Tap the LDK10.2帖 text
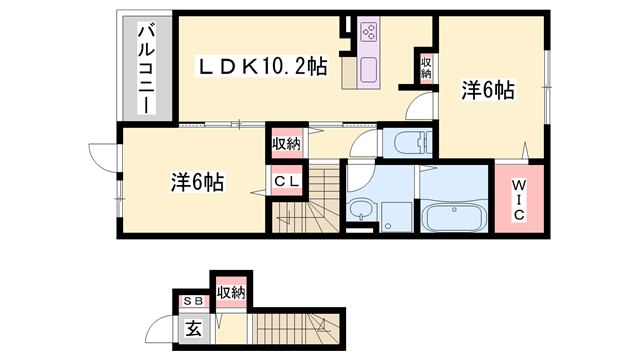coord(260,66)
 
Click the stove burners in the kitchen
coord(366,31)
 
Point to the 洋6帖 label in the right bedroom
coord(487,91)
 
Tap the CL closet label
coord(286,182)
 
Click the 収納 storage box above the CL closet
coord(286,144)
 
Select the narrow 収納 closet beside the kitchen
coord(426,67)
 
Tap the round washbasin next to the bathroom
coord(359,210)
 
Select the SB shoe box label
coord(190,301)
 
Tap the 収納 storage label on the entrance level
coord(231,292)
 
